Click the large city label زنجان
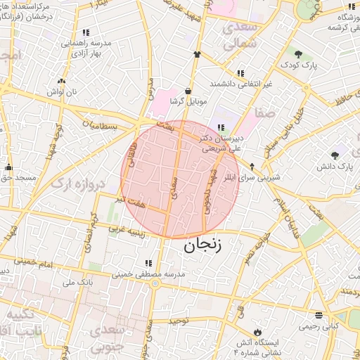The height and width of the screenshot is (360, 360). pos(203,247)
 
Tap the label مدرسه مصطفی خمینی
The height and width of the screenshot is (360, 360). pos(150,274)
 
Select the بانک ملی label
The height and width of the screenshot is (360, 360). pos(79,283)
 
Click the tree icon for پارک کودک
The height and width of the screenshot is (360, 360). pos(298,54)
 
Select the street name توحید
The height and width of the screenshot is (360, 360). pos(179,321)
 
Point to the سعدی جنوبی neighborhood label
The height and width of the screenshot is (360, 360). pos(122,338)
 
